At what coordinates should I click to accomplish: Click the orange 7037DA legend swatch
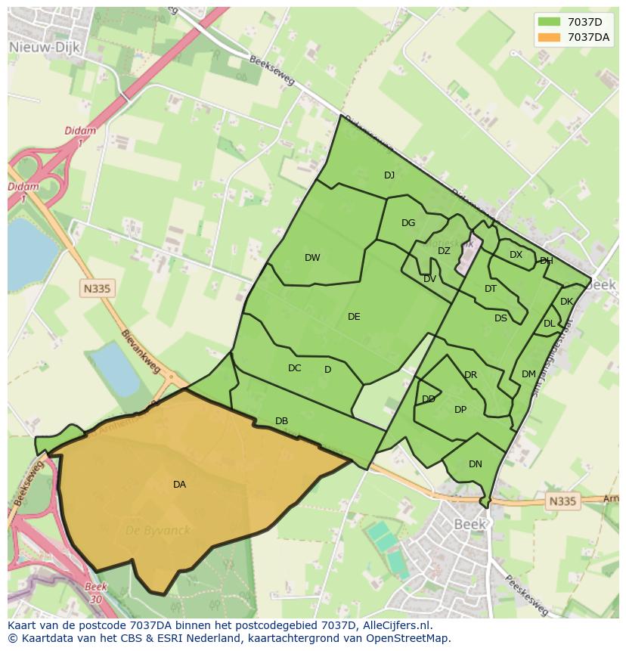pos(550,37)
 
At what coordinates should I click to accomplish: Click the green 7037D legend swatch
pos(550,21)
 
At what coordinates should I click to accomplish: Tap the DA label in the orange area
pos(179,485)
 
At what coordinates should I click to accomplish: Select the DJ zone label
pos(389,175)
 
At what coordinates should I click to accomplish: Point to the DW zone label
pos(312,258)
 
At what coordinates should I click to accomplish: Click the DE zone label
pos(354,317)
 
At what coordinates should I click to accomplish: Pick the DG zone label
pos(408,223)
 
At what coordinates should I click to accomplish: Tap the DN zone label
pos(475,464)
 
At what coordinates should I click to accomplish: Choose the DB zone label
pos(281,421)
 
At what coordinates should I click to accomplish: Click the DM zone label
pos(528,374)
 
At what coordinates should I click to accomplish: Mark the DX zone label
pos(516,255)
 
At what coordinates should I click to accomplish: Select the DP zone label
pos(460,410)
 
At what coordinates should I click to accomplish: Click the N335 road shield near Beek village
pos(561,501)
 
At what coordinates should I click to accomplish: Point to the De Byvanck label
pos(157,530)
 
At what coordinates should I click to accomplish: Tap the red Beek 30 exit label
pos(95,592)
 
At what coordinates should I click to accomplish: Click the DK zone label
pos(566,302)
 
